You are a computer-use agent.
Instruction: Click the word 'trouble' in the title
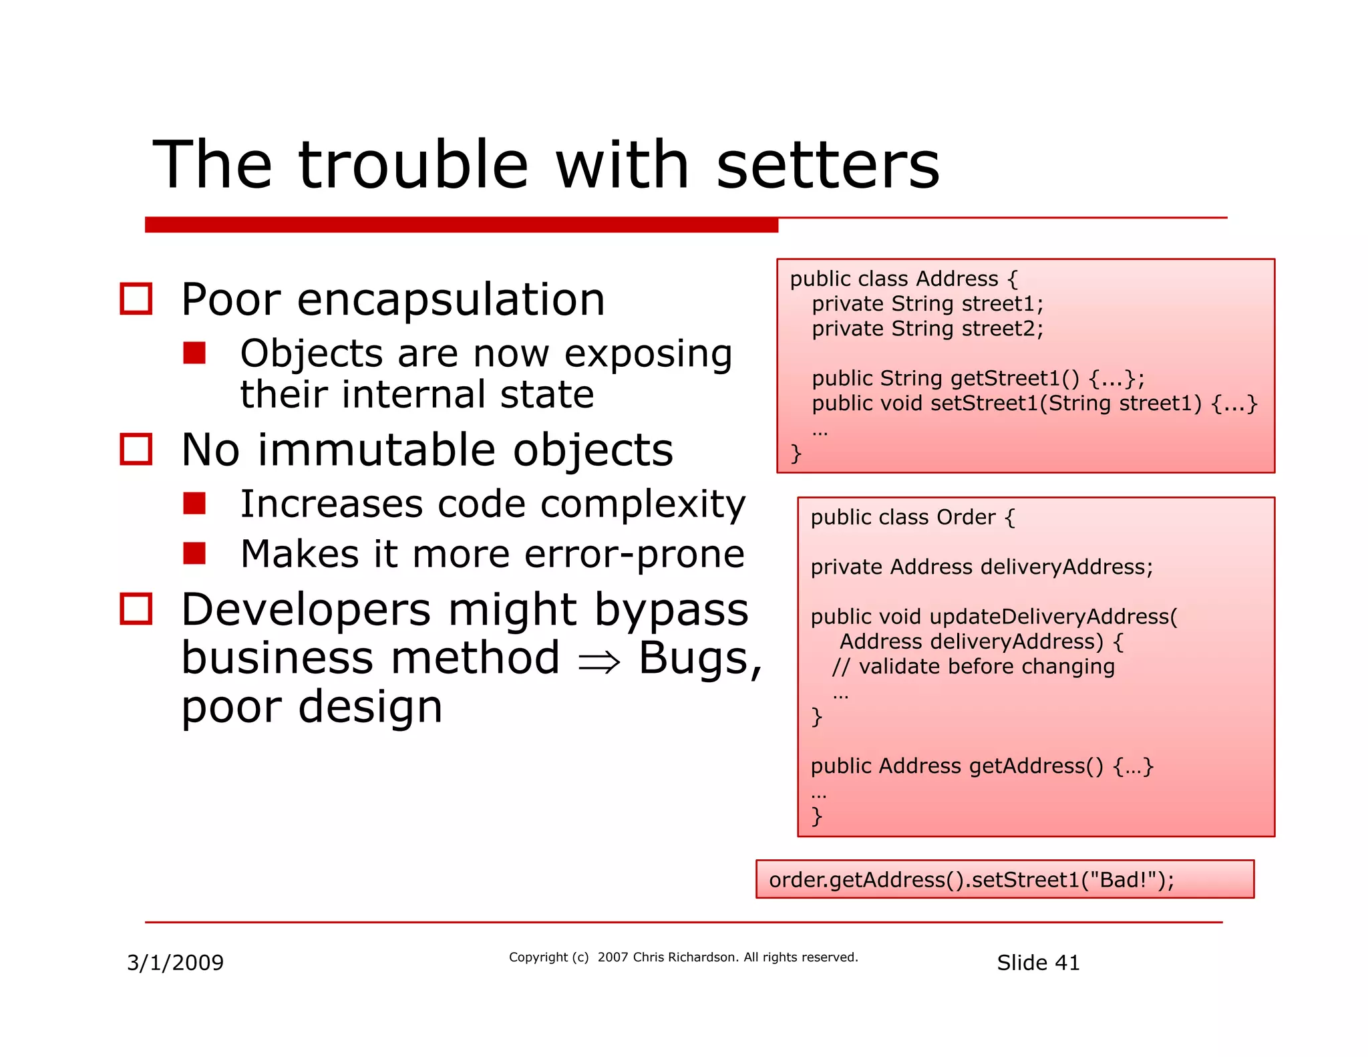[413, 165]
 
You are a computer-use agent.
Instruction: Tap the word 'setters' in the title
[828, 165]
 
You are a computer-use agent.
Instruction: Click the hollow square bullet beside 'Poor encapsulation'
[136, 299]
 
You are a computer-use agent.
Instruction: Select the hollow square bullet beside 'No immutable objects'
[136, 449]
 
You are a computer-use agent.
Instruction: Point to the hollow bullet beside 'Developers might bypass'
[136, 609]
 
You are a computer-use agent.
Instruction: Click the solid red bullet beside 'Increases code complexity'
[194, 503]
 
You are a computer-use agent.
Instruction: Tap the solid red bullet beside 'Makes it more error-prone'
[194, 553]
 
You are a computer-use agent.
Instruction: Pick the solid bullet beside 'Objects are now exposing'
[194, 353]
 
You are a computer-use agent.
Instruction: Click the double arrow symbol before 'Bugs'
[599, 661]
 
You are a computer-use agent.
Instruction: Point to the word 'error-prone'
[634, 554]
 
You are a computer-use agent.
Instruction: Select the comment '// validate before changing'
[973, 666]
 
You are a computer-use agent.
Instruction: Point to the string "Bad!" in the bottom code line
[1126, 879]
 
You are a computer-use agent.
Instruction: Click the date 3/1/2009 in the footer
[176, 962]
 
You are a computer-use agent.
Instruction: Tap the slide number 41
[1067, 962]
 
